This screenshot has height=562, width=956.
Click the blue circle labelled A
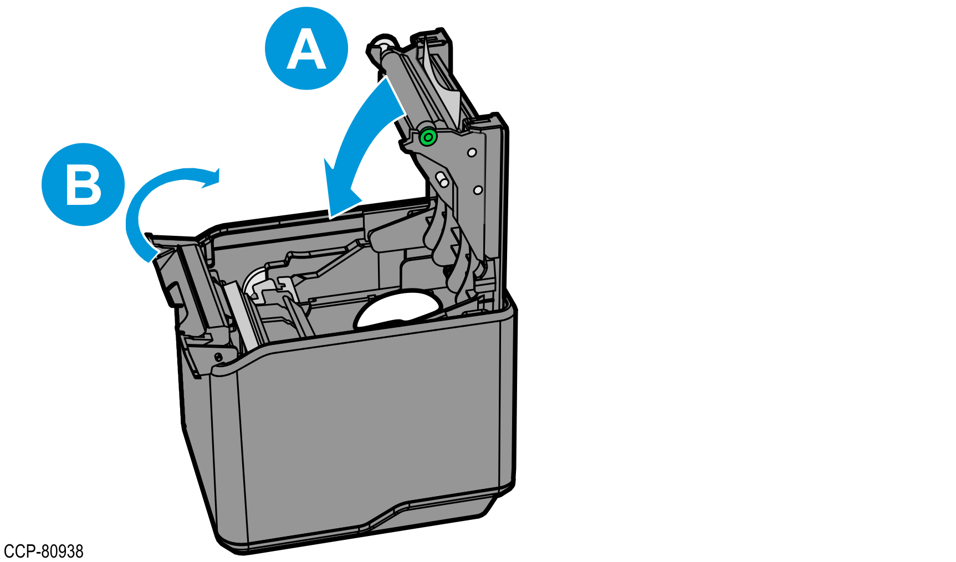(x=306, y=49)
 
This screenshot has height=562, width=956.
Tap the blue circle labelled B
(x=83, y=184)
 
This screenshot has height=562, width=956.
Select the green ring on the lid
(x=428, y=137)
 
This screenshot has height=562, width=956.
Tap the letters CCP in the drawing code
(x=19, y=551)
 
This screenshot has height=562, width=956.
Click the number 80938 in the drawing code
(x=63, y=551)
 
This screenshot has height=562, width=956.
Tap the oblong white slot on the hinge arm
(x=443, y=180)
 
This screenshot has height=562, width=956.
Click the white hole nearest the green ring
(x=472, y=152)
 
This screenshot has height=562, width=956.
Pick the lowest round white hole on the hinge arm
(x=478, y=190)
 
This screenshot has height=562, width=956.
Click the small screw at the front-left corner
(x=218, y=357)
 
